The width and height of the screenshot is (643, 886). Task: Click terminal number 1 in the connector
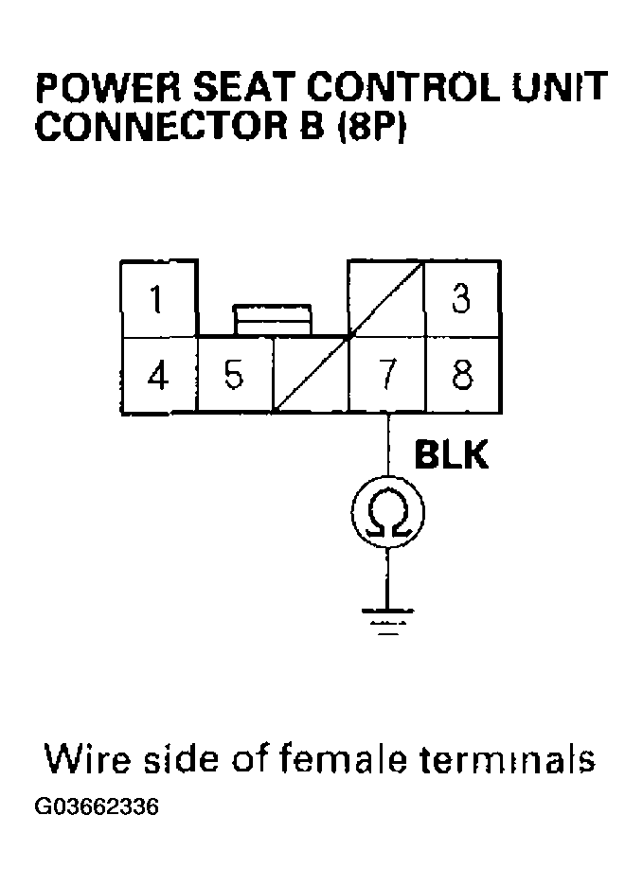pyautogui.click(x=157, y=300)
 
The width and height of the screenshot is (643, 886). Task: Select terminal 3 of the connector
pyautogui.click(x=461, y=300)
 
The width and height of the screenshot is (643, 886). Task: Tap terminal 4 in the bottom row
pyautogui.click(x=158, y=376)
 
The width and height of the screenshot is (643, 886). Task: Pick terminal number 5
pyautogui.click(x=234, y=376)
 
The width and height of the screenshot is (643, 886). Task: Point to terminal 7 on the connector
pyautogui.click(x=386, y=376)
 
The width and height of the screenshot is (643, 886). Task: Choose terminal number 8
pyautogui.click(x=462, y=376)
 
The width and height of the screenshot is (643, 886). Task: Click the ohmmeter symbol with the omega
pyautogui.click(x=386, y=514)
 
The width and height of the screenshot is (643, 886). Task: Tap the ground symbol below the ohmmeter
pyautogui.click(x=386, y=617)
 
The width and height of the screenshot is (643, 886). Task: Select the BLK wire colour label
pyautogui.click(x=452, y=456)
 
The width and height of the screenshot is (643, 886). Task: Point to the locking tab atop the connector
pyautogui.click(x=273, y=319)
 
